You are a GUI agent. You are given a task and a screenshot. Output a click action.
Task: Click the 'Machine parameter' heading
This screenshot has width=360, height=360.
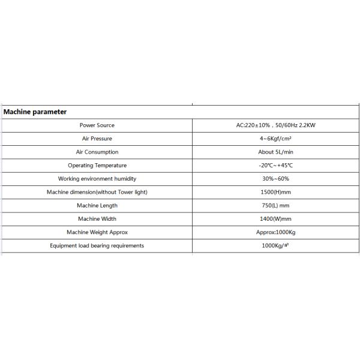(x=35, y=112)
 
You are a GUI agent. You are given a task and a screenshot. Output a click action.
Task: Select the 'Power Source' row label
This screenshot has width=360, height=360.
(x=97, y=125)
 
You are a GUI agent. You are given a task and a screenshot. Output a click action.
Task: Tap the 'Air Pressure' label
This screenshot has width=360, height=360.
(x=97, y=139)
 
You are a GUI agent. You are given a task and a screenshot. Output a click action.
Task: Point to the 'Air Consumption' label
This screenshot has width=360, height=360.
(x=97, y=152)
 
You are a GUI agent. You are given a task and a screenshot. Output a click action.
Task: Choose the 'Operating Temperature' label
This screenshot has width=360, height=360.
(x=97, y=165)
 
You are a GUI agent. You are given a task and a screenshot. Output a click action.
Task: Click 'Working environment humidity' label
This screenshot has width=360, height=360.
(x=97, y=179)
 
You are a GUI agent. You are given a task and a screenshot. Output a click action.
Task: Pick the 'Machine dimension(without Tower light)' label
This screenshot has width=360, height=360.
(x=97, y=192)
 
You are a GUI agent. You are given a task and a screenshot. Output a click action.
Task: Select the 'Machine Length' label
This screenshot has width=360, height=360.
(x=97, y=205)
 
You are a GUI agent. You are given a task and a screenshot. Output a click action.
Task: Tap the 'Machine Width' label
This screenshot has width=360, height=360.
(x=97, y=218)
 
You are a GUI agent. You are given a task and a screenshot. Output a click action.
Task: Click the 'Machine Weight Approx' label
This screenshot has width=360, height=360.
(x=97, y=232)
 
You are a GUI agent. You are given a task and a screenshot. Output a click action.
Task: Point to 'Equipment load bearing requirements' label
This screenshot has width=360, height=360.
(x=97, y=245)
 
